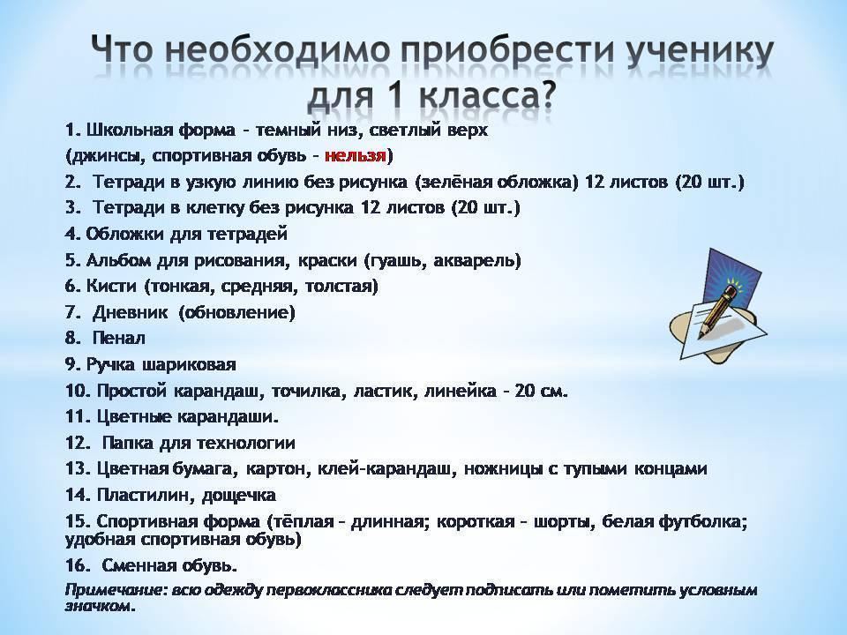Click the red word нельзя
pyautogui.click(x=356, y=156)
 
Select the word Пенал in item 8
pyautogui.click(x=119, y=338)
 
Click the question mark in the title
pyautogui.click(x=545, y=96)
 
